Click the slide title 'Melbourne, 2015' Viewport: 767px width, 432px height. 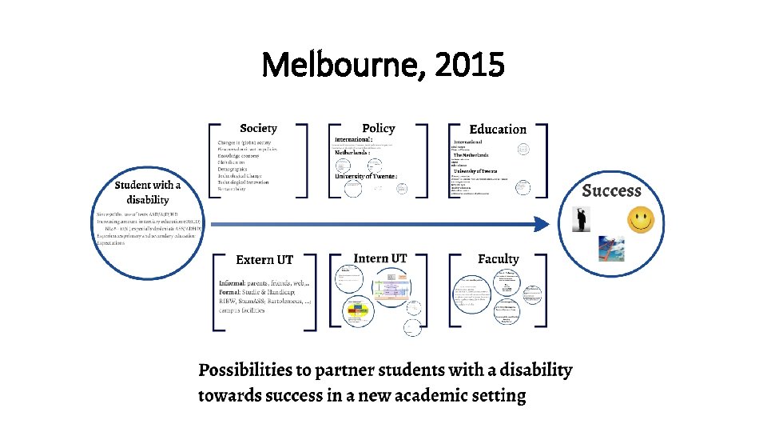pos(383,65)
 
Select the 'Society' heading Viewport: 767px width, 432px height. pos(258,128)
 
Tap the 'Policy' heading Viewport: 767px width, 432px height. pos(378,128)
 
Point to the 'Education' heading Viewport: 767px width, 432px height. pos(498,129)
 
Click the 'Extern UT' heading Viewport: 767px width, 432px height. pos(264,260)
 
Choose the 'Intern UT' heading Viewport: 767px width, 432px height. pos(380,258)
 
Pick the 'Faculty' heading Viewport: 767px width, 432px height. pos(498,258)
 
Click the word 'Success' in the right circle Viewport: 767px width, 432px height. pos(611,190)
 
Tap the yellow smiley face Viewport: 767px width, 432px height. pos(640,219)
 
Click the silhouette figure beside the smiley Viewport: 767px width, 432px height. pos(583,220)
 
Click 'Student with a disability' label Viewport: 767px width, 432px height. pos(148,192)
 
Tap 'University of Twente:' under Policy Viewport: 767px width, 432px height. pos(365,176)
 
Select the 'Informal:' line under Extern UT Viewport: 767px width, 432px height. pos(236,284)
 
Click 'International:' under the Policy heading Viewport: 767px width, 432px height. pos(354,140)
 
